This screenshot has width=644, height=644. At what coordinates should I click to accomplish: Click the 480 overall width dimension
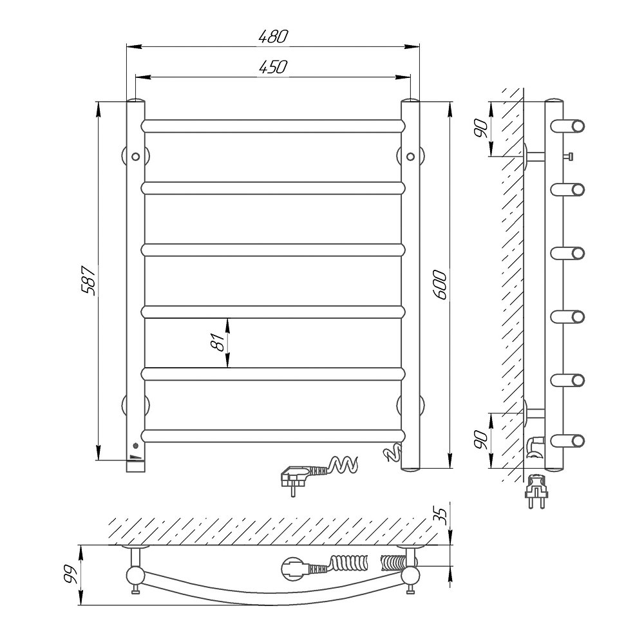[274, 37]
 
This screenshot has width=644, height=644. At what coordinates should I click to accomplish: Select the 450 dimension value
[274, 67]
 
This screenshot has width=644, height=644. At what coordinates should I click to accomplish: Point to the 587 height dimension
[89, 280]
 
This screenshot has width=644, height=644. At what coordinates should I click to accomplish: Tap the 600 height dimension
[440, 285]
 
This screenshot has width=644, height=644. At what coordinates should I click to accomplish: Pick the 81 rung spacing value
[219, 342]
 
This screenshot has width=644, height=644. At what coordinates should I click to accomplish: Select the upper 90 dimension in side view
[480, 128]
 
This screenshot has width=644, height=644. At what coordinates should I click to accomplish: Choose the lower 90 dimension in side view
[480, 440]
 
